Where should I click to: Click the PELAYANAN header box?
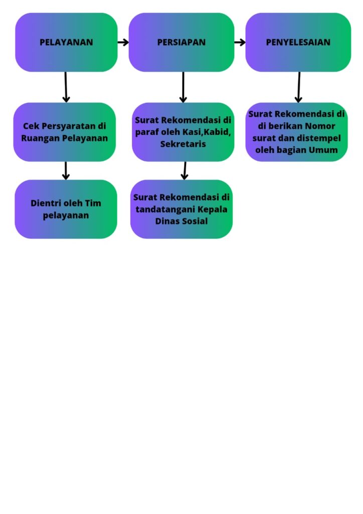(66, 42)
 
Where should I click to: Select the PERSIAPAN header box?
(181, 42)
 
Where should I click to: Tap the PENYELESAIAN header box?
(298, 42)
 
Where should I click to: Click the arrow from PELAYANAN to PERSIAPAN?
(123, 42)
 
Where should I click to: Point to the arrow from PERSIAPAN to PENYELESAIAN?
(240, 42)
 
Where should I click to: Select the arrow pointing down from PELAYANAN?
(66, 87)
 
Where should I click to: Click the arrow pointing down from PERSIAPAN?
(183, 87)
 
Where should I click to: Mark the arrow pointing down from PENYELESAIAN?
(299, 87)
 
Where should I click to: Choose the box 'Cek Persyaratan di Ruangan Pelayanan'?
(65, 132)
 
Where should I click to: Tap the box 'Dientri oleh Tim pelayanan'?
(66, 209)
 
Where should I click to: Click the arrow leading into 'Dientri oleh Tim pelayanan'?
(66, 171)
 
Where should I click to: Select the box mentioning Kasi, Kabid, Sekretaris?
(183, 132)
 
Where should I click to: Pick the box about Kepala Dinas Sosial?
(181, 209)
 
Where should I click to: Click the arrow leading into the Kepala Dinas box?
(185, 171)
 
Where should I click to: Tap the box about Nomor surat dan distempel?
(297, 132)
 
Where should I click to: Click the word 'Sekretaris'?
(183, 145)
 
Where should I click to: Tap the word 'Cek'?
(31, 126)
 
